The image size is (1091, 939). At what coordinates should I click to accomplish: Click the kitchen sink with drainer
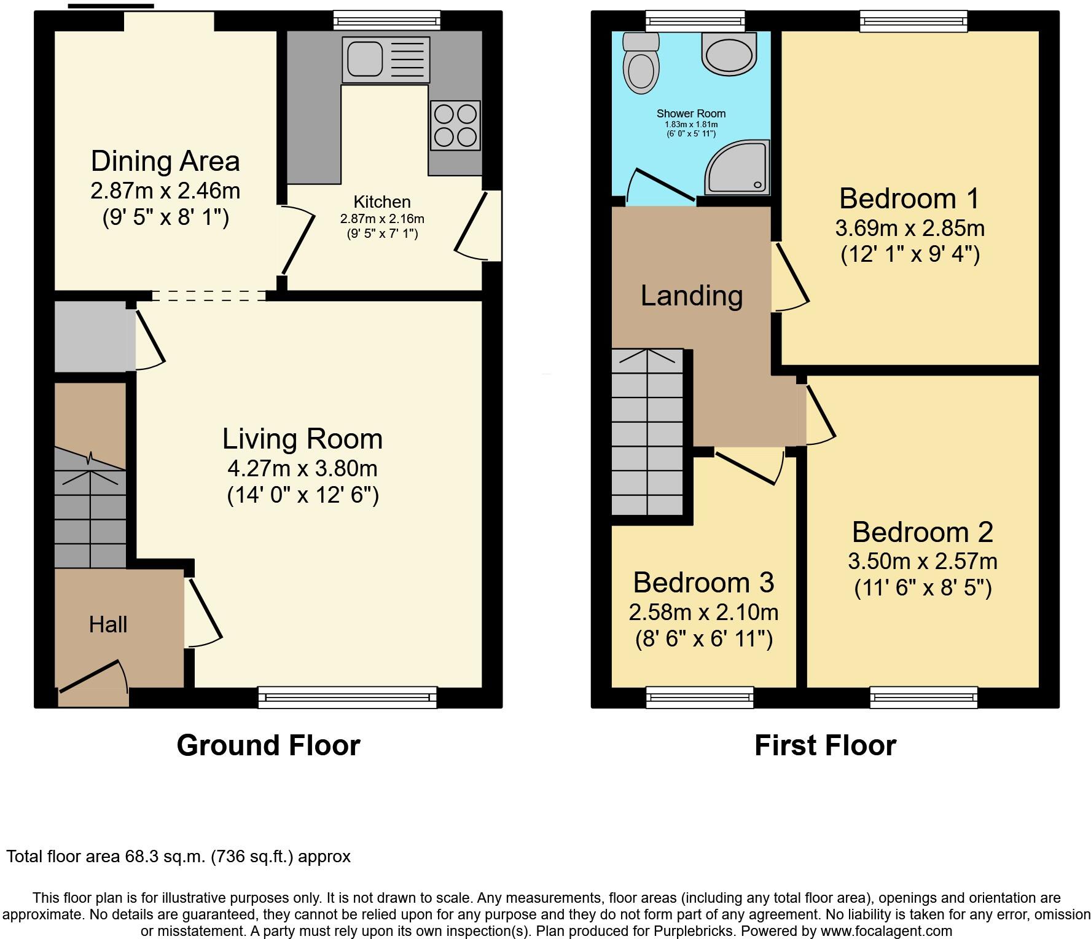click(x=386, y=60)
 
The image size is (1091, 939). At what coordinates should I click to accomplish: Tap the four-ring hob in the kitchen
click(x=455, y=125)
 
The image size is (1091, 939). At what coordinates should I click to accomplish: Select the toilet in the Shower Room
click(x=640, y=64)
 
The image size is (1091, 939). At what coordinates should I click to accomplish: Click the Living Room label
click(x=302, y=439)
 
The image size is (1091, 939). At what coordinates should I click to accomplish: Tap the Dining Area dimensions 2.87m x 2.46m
click(x=165, y=191)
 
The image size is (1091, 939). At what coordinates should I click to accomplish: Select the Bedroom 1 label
click(x=909, y=198)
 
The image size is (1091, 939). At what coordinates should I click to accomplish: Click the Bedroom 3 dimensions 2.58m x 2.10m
click(x=703, y=613)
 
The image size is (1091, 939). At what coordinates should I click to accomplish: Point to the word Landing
click(x=692, y=296)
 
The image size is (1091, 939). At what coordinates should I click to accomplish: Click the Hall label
click(x=108, y=625)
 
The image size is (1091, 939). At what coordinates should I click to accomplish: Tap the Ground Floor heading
click(x=268, y=745)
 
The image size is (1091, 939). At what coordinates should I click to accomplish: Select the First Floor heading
click(x=825, y=745)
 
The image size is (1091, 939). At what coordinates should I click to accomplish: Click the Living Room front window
click(x=348, y=697)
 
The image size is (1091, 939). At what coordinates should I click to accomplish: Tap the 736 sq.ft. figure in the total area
click(x=252, y=857)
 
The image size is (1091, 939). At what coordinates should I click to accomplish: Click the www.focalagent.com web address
click(x=886, y=931)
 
